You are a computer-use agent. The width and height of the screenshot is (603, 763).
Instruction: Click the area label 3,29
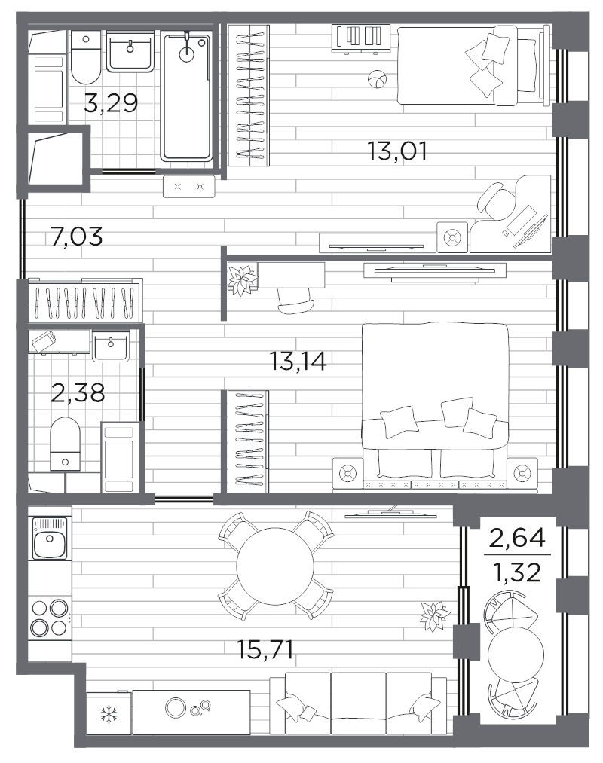click(x=111, y=102)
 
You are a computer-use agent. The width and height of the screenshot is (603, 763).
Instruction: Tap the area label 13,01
click(x=397, y=151)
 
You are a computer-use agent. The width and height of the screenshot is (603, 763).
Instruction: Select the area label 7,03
click(x=75, y=237)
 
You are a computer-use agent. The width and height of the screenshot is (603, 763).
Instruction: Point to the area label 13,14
click(x=298, y=362)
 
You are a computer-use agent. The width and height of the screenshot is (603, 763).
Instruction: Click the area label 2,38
click(x=78, y=392)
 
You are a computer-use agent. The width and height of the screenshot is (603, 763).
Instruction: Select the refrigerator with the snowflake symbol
click(x=108, y=712)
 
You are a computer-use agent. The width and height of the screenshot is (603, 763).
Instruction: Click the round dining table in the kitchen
click(x=275, y=566)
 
